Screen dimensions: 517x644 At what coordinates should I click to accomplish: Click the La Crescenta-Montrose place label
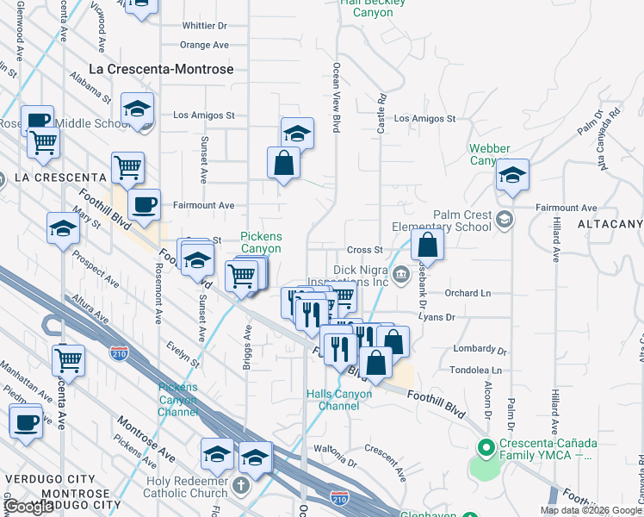point(162,68)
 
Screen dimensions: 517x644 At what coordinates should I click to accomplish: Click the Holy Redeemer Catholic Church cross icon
point(241,485)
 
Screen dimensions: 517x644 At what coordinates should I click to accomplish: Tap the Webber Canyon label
point(490,154)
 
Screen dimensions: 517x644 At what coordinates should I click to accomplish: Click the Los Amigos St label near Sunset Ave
point(204,115)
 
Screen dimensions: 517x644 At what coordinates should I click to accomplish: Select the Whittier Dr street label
point(204,24)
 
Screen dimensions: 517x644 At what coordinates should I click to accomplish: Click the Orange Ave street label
point(204,45)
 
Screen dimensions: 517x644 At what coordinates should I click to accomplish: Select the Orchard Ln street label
point(468,293)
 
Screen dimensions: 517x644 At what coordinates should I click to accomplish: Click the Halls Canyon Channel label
point(339,400)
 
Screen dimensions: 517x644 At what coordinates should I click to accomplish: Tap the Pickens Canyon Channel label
point(177,400)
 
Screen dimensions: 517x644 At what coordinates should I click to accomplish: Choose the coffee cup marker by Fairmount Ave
point(144,205)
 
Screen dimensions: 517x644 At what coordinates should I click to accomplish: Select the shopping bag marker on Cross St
point(427,246)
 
